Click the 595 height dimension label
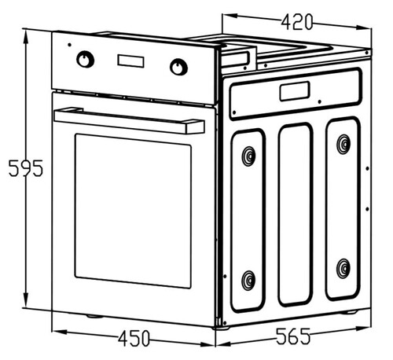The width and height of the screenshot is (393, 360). click(26, 168)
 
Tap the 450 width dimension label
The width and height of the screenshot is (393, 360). click(134, 339)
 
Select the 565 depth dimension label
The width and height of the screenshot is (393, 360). click(293, 336)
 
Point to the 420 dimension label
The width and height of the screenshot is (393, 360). click(297, 22)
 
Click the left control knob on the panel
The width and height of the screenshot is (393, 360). click(85, 60)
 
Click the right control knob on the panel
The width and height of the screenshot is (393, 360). click(178, 67)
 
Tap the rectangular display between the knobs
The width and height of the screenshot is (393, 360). click(130, 61)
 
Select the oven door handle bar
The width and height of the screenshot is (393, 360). click(129, 120)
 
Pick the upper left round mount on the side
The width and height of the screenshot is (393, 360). click(248, 156)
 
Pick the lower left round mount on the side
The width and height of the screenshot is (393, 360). click(248, 281)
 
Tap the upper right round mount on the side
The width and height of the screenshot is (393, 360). click(343, 145)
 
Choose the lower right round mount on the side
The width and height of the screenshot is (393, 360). click(343, 269)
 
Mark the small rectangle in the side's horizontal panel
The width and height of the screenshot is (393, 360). click(295, 91)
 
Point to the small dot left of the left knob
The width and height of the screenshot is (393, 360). click(69, 45)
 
